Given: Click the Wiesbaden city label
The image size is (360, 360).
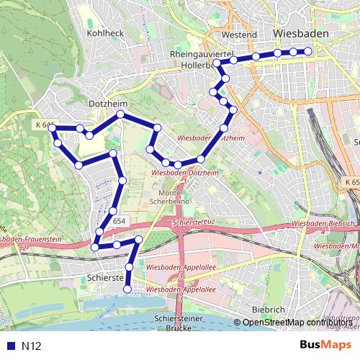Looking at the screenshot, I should coord(301,34).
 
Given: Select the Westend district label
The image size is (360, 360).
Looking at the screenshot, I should coord(240,34).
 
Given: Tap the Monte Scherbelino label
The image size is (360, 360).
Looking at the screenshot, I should coord(169,198).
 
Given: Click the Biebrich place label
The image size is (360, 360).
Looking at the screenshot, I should coord(269,309).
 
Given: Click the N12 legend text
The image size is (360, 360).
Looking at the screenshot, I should coord(32,346).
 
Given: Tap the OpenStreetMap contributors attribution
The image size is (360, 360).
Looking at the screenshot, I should coord(297,322).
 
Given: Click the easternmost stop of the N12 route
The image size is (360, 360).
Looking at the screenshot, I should coord(308,51).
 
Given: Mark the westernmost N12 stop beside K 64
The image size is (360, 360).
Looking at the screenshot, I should coord(53,128).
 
